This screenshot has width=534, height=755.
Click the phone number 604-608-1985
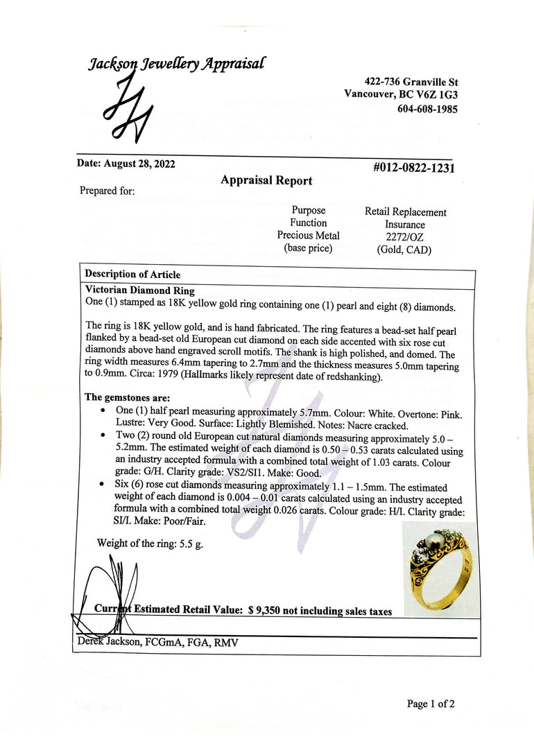[x=427, y=109]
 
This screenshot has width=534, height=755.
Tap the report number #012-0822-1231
[x=413, y=167]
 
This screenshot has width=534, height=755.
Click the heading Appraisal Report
[x=266, y=180]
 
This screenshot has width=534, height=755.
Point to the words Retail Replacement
[x=406, y=212]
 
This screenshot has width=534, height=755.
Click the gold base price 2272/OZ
[x=404, y=237]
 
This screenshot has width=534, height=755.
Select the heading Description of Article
[x=132, y=274]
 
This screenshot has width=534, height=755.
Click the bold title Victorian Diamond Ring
[x=139, y=290]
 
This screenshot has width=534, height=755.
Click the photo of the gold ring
[x=441, y=569]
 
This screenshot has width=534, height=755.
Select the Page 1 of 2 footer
[x=431, y=704]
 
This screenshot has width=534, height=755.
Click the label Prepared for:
[x=107, y=191]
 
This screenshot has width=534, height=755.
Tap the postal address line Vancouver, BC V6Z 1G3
[x=401, y=94]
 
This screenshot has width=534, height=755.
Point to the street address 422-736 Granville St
[x=411, y=81]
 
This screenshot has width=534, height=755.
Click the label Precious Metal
[x=308, y=235]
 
